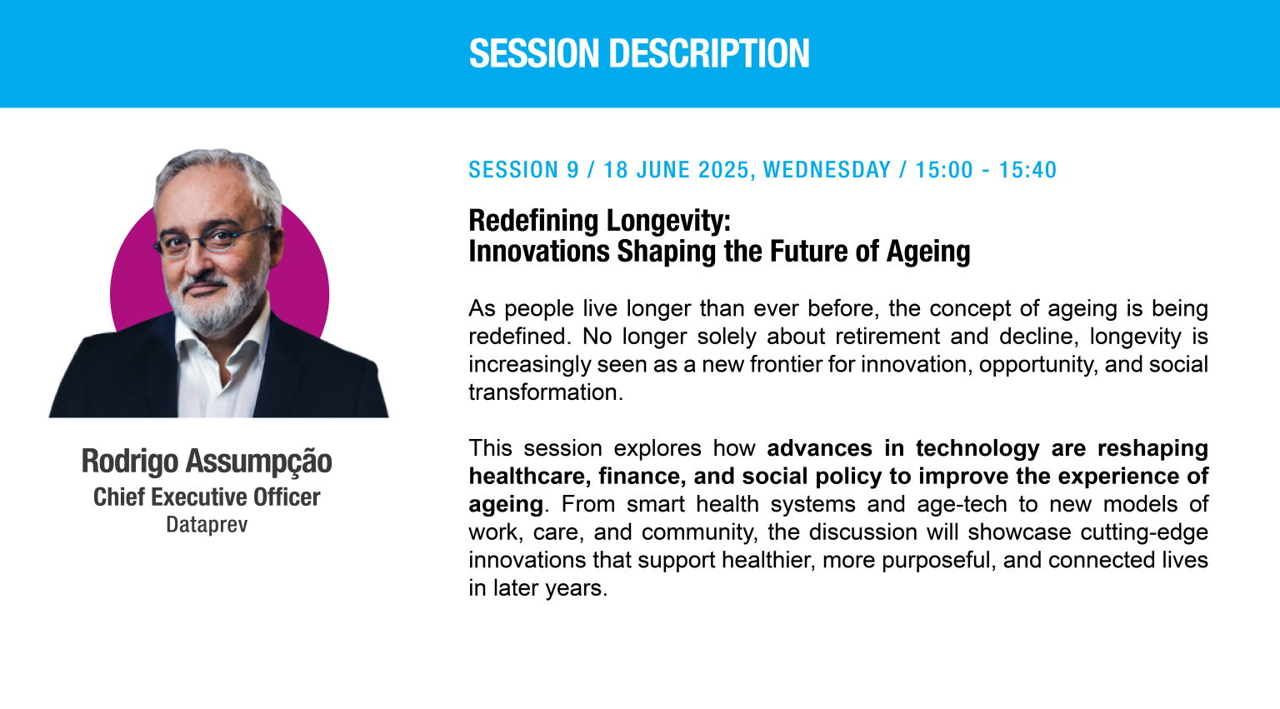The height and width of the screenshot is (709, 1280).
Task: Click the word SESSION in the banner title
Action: [534, 53]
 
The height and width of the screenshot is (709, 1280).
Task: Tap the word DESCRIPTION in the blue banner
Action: [709, 53]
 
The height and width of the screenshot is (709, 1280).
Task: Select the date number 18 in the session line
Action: [616, 170]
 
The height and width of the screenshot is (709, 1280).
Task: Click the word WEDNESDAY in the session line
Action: [827, 170]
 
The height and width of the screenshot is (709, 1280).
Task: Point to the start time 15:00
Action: [944, 170]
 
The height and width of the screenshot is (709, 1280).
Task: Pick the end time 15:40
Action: [1027, 170]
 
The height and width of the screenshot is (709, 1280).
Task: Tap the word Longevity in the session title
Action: [668, 221]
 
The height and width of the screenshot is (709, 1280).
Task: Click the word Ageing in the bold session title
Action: [928, 252]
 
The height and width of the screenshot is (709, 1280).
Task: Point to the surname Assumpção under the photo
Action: [258, 462]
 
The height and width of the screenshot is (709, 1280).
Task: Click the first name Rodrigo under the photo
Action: [130, 462]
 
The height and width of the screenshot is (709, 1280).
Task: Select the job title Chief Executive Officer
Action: [207, 497]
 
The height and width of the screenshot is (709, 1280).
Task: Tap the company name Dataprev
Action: [207, 524]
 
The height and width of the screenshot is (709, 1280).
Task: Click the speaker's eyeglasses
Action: [212, 240]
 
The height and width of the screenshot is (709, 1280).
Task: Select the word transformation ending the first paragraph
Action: [545, 392]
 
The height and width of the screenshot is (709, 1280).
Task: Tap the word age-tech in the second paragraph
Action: [962, 504]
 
